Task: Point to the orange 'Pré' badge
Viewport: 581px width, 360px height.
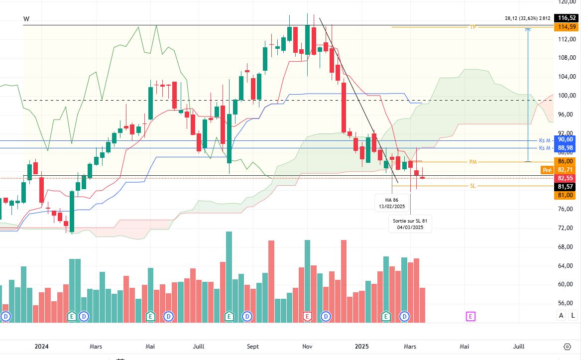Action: click(547, 170)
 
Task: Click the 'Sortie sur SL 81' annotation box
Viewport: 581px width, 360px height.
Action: click(410, 224)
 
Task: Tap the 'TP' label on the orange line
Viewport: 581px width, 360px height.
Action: click(473, 27)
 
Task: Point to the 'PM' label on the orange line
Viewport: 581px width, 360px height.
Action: click(473, 162)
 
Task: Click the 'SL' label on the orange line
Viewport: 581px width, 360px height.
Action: click(473, 186)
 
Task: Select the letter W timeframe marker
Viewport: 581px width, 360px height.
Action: click(26, 19)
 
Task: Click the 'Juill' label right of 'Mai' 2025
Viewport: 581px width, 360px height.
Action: click(519, 347)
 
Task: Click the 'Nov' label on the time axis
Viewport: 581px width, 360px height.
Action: click(307, 347)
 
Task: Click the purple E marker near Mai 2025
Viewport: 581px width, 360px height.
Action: click(470, 316)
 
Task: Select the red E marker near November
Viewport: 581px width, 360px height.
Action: click(307, 316)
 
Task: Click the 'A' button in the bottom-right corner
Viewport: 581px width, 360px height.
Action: click(562, 315)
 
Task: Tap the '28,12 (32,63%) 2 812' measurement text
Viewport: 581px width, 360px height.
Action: click(527, 18)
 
